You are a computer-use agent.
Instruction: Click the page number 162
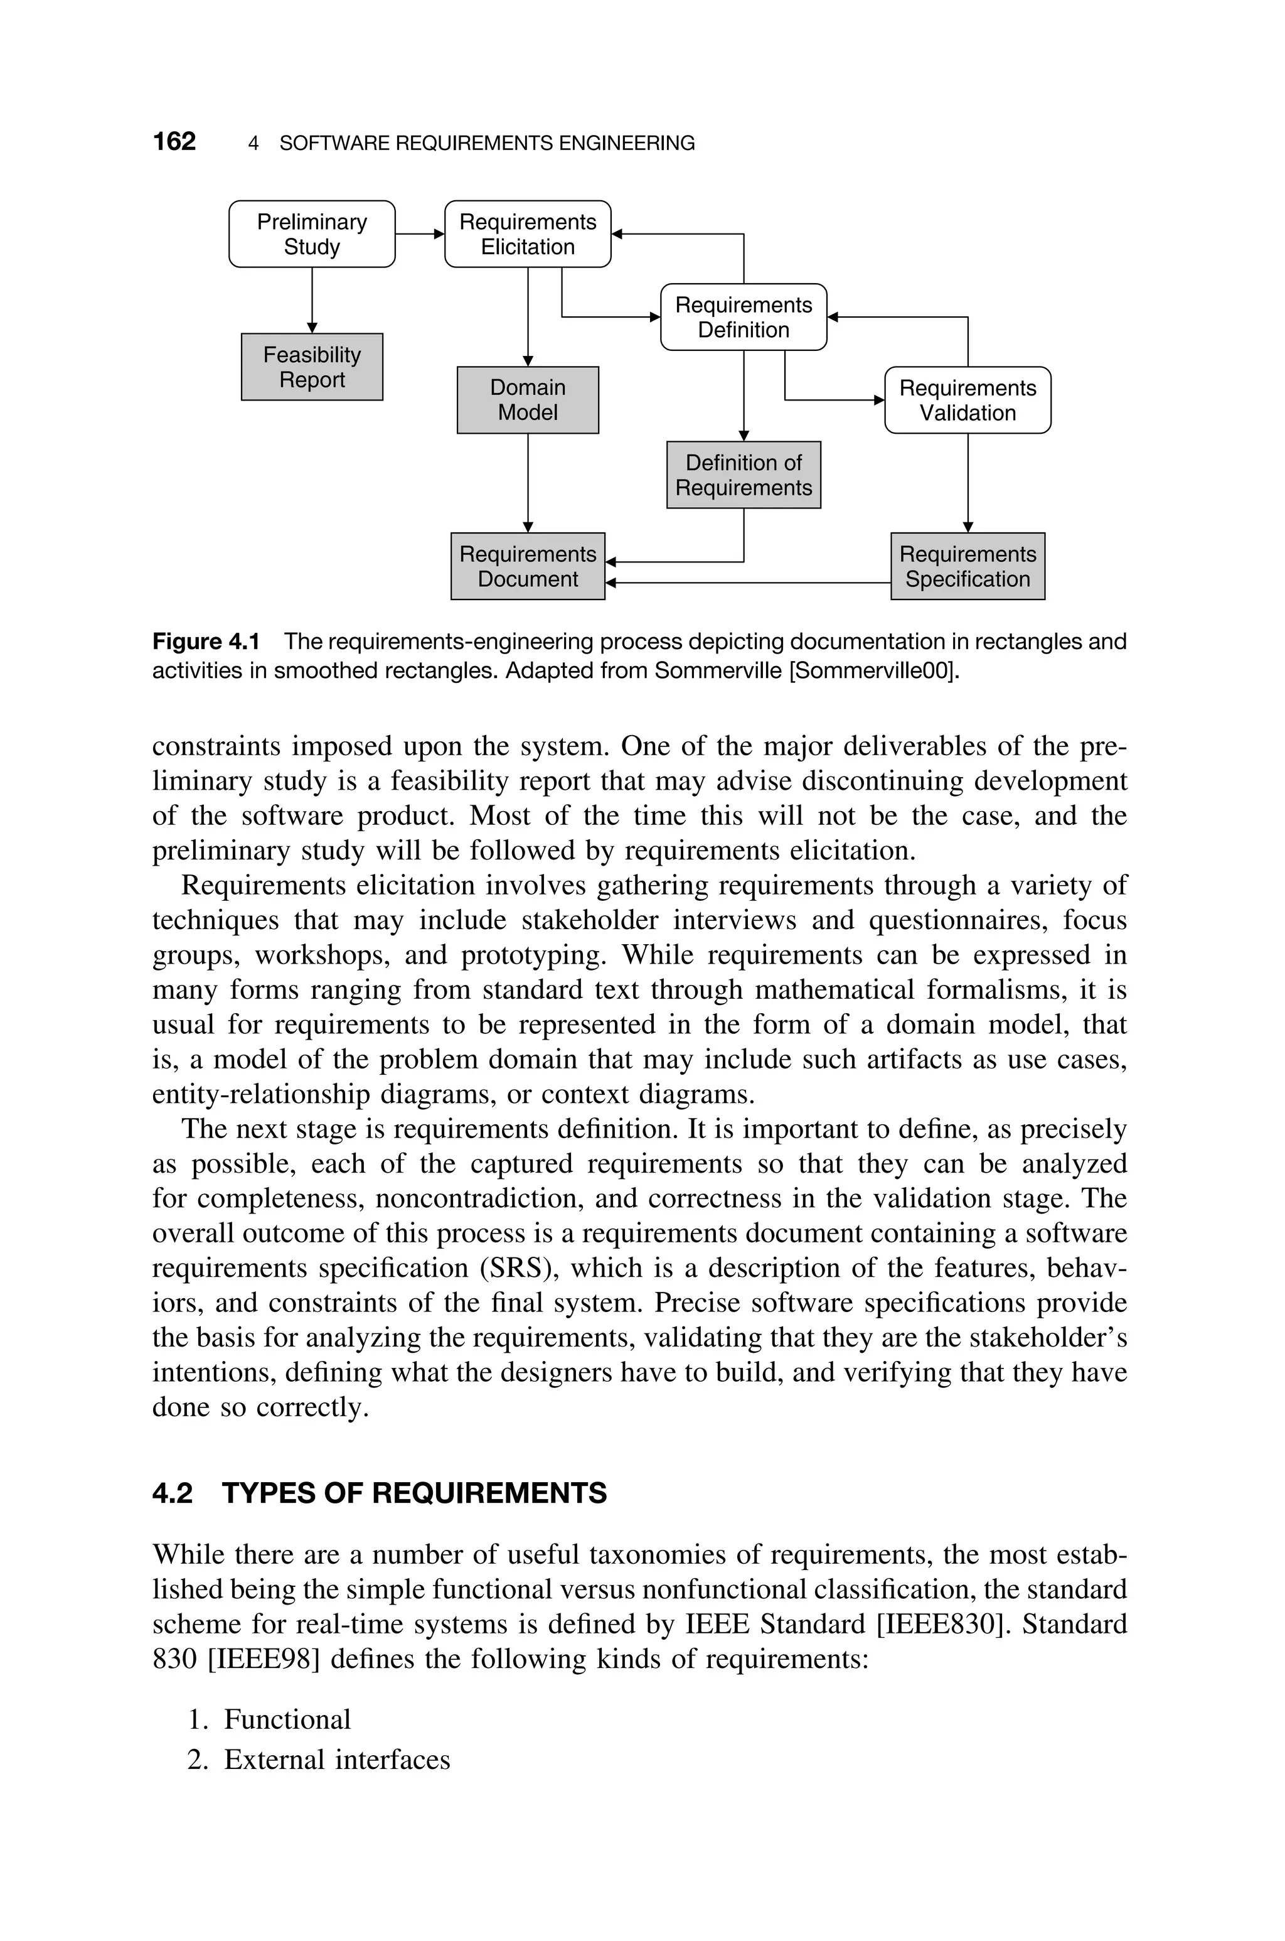(x=174, y=142)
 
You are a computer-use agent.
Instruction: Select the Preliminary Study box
(x=311, y=234)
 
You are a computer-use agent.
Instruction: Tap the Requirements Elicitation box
(x=528, y=234)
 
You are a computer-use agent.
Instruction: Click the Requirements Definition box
(x=744, y=317)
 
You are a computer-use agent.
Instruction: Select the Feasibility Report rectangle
(x=311, y=367)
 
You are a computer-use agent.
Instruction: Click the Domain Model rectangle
(x=528, y=400)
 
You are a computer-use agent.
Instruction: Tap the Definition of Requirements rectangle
(x=744, y=475)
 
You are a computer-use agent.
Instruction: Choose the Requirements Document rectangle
(x=528, y=566)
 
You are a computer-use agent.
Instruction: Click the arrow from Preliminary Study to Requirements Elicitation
(x=420, y=234)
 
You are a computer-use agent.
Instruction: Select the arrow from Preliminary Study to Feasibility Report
(x=311, y=300)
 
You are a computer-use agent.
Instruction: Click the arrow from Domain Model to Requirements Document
(x=528, y=483)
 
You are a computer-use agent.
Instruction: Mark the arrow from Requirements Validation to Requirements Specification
(x=968, y=483)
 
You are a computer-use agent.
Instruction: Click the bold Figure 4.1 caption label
(x=206, y=641)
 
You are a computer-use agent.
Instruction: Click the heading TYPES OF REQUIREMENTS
(x=414, y=1493)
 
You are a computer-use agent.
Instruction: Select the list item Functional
(x=287, y=1719)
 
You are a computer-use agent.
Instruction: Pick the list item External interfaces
(x=337, y=1760)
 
